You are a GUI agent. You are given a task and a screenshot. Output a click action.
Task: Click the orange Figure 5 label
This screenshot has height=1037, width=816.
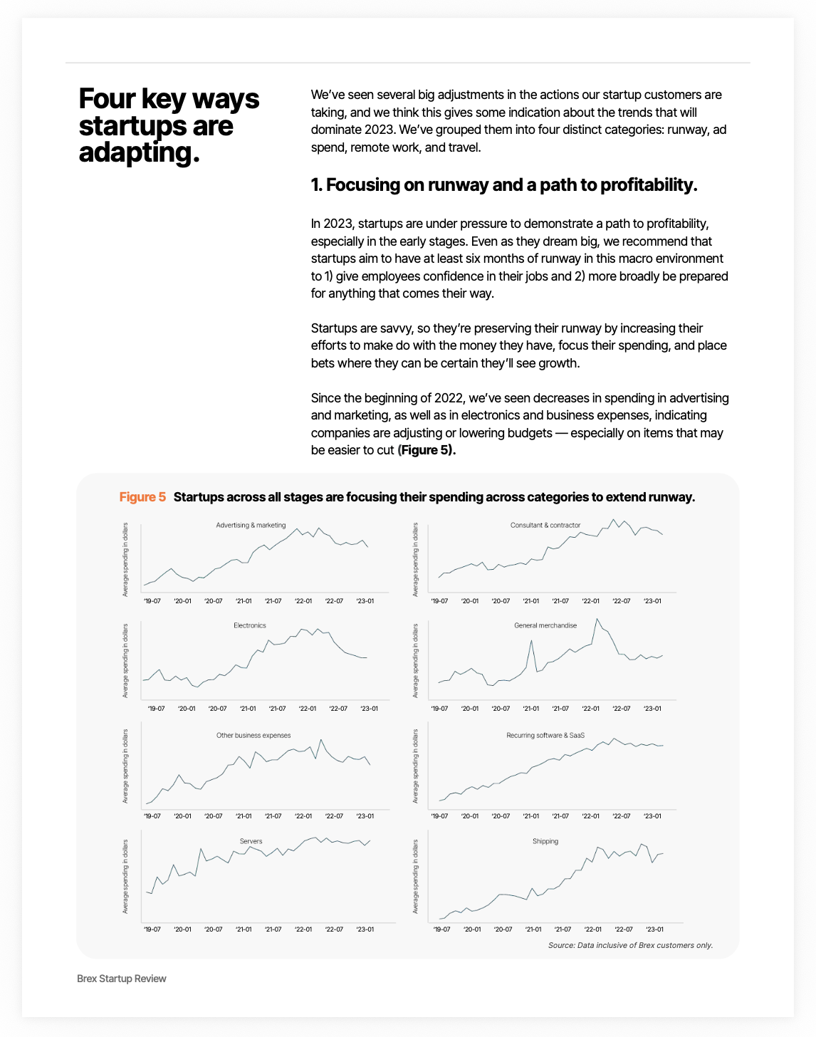142,497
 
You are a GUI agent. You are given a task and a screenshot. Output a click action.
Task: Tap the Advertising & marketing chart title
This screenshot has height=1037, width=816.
251,526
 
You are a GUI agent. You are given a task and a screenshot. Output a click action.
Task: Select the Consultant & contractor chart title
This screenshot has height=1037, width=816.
545,526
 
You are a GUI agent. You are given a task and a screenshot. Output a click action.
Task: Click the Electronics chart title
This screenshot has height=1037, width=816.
250,626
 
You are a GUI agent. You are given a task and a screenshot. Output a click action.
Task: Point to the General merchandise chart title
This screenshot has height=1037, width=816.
545,626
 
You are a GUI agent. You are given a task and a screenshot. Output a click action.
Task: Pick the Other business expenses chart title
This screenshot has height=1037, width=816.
253,736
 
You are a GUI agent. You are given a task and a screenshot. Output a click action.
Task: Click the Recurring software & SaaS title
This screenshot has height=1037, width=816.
545,736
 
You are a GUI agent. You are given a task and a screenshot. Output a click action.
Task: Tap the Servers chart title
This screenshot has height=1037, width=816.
251,842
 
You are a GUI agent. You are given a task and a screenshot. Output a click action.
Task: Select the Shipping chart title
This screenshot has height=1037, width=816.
545,842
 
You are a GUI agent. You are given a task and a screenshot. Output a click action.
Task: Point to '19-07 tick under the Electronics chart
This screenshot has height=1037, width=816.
156,709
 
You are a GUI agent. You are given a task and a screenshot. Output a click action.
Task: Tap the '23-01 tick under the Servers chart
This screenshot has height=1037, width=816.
365,929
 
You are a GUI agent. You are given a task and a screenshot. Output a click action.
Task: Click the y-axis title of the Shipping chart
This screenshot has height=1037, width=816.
416,877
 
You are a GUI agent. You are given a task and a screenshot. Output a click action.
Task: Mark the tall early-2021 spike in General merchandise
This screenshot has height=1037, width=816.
531,641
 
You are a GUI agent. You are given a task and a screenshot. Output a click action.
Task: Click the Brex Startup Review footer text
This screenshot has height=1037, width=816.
122,979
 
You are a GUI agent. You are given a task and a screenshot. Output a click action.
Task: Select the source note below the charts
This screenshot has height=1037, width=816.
630,946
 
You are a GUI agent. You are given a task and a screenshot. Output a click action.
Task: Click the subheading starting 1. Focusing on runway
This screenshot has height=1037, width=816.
504,185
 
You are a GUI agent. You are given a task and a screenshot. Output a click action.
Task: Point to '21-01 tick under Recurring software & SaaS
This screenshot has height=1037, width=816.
530,816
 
